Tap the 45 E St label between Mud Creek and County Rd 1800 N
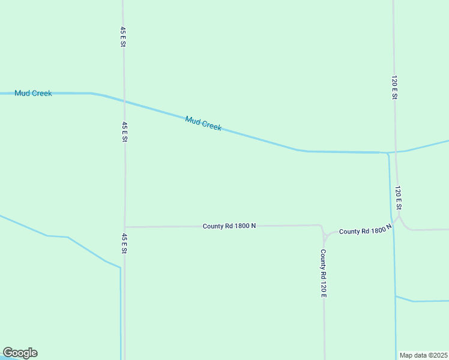click(124, 131)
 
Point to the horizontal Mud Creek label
click(33, 93)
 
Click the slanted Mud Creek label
click(203, 124)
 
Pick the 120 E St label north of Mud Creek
click(394, 88)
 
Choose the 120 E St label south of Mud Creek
click(397, 197)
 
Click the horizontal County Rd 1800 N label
click(229, 226)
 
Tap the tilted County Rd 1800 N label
click(365, 230)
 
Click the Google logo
click(20, 353)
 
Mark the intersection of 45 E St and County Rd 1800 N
click(125, 227)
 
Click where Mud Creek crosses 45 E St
click(124, 102)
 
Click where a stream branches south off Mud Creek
click(387, 154)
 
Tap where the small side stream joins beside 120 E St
click(395, 296)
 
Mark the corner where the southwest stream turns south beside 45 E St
click(120, 268)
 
